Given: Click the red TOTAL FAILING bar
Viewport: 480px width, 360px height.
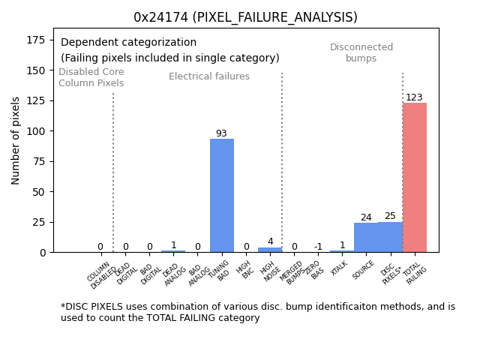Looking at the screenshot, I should [415, 177].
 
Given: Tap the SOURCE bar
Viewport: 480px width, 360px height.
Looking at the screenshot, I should [366, 237].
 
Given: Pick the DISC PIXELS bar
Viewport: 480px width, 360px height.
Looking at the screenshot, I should [390, 237].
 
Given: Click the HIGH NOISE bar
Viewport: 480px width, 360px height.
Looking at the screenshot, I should [270, 250].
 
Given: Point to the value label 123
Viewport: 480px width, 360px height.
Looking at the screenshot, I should [414, 97].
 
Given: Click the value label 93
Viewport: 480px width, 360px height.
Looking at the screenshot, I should [221, 133].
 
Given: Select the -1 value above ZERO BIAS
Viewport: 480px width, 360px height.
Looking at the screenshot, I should [318, 247].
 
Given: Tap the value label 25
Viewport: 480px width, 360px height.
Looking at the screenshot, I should [390, 216].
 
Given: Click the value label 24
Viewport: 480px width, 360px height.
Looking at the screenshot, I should [366, 217].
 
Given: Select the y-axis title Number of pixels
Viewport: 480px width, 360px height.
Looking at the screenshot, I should [16, 140].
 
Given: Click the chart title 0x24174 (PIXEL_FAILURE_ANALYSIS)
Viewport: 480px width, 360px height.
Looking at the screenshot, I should [245, 17].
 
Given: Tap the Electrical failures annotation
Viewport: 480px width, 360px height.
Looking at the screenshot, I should [209, 76].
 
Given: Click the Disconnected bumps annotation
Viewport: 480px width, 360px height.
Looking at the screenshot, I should [361, 52].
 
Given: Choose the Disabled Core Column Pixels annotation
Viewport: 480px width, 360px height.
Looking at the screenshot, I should [91, 77].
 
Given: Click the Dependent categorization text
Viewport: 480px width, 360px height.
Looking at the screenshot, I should [128, 43].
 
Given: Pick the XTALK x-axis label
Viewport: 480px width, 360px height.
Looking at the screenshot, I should [340, 268].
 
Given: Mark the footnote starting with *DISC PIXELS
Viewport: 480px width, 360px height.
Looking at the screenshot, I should [257, 312].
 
